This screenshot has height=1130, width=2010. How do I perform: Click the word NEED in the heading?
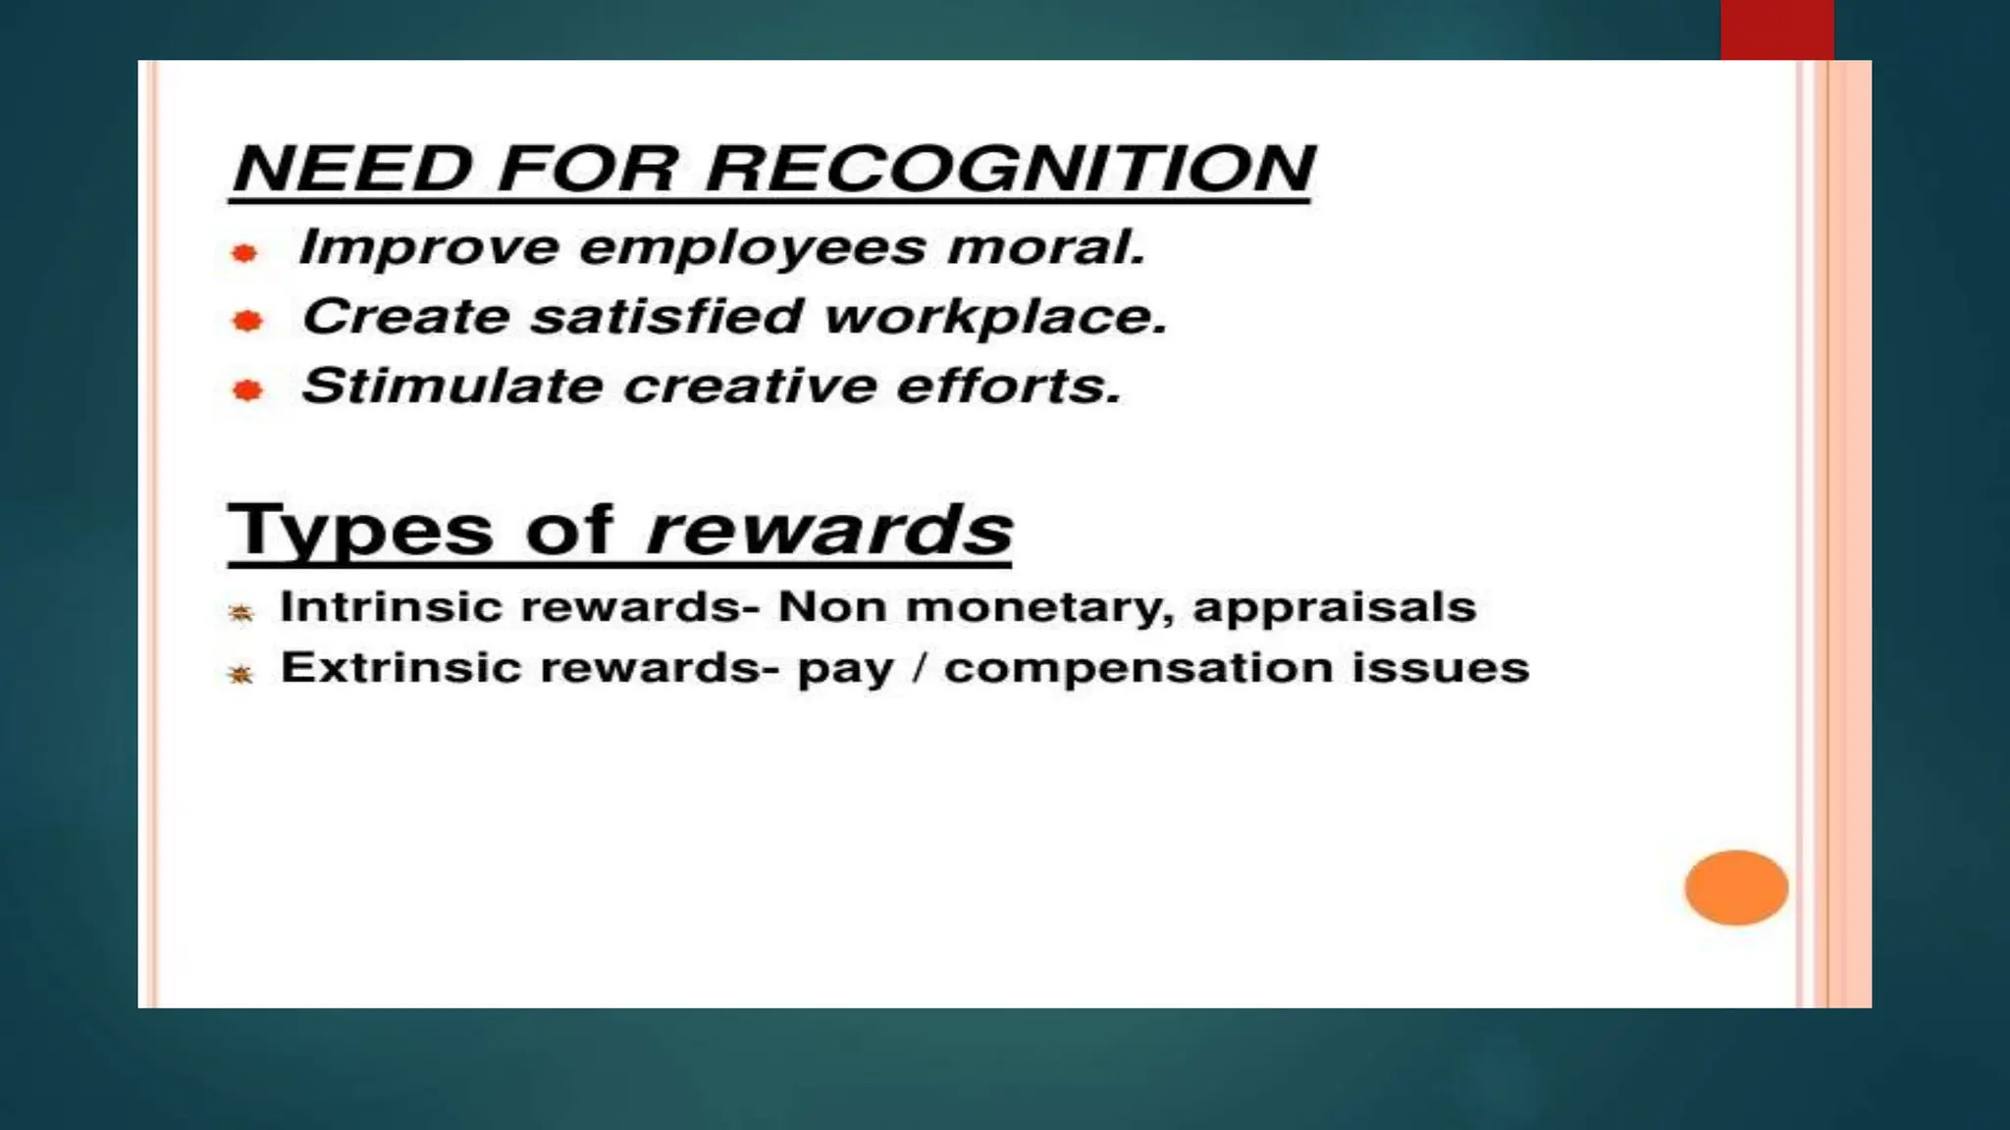pyautogui.click(x=353, y=169)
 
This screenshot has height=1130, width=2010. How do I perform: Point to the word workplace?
pyautogui.click(x=995, y=318)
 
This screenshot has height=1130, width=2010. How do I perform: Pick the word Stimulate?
pyautogui.click(x=451, y=386)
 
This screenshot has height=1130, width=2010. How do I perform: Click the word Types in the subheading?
pyautogui.click(x=360, y=532)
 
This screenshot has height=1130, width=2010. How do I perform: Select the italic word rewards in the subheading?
pyautogui.click(x=829, y=532)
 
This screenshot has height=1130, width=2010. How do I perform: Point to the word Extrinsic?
pyautogui.click(x=400, y=668)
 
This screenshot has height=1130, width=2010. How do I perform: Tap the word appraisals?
pyautogui.click(x=1334, y=608)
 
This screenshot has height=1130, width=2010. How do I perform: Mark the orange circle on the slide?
pyautogui.click(x=1736, y=888)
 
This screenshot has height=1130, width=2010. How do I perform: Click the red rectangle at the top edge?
pyautogui.click(x=1776, y=29)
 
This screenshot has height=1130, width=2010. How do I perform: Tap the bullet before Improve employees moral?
pyautogui.click(x=244, y=254)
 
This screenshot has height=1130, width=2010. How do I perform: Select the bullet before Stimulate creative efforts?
pyautogui.click(x=247, y=391)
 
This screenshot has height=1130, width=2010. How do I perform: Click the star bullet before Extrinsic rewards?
pyautogui.click(x=240, y=674)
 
